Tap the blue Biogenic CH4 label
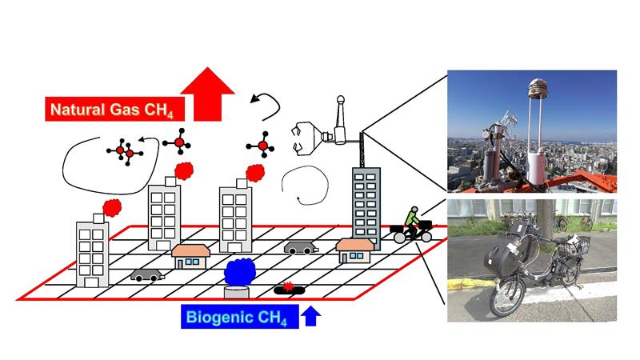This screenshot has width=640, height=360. pos(238,317)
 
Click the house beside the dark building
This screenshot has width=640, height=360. pos(353,250)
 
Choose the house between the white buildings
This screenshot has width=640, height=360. pos(190,256)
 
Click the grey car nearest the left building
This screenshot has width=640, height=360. pos(146,274)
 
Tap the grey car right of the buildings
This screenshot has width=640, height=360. pos(298,247)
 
